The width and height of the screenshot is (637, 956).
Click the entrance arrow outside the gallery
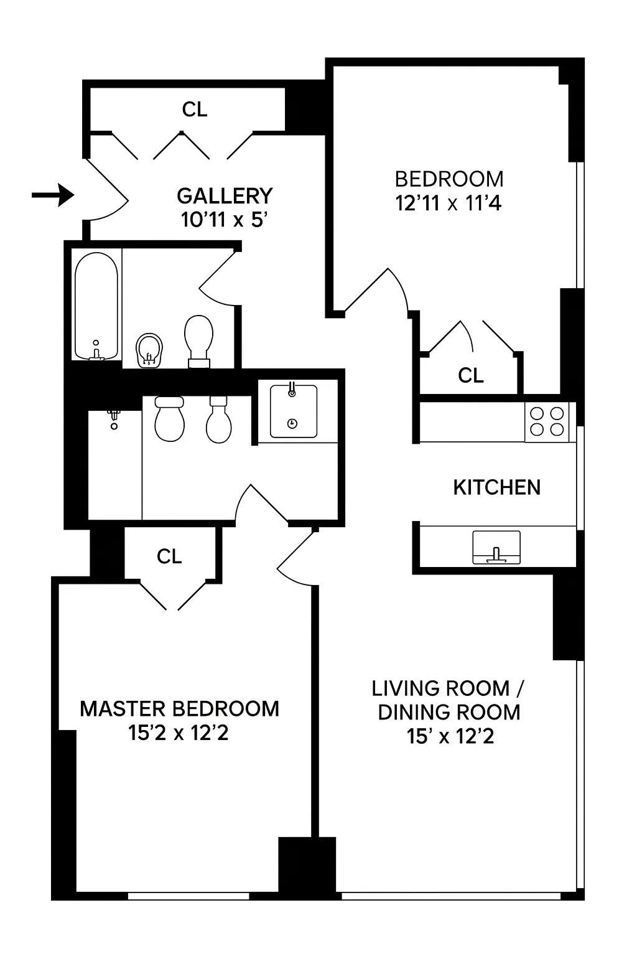(53, 195)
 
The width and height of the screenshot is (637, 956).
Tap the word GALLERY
(225, 196)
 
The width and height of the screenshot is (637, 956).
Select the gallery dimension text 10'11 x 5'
(224, 220)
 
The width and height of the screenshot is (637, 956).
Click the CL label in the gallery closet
(194, 110)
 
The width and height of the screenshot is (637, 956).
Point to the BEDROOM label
(449, 179)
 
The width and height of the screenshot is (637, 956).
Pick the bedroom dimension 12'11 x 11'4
(449, 203)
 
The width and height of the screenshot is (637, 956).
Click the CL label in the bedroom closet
(470, 375)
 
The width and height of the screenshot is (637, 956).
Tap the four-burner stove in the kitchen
(546, 421)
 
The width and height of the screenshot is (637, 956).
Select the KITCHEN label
(496, 487)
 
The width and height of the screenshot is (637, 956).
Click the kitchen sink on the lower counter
(496, 547)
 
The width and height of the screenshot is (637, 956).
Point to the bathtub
(96, 306)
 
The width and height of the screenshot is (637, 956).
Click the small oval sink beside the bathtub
(149, 351)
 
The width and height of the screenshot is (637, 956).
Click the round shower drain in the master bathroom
(113, 426)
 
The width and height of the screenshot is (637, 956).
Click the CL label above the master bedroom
(169, 556)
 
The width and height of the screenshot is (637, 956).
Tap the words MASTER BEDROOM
(179, 709)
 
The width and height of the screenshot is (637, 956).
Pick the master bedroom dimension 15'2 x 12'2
(179, 733)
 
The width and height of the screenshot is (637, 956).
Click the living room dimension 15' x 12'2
(450, 736)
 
